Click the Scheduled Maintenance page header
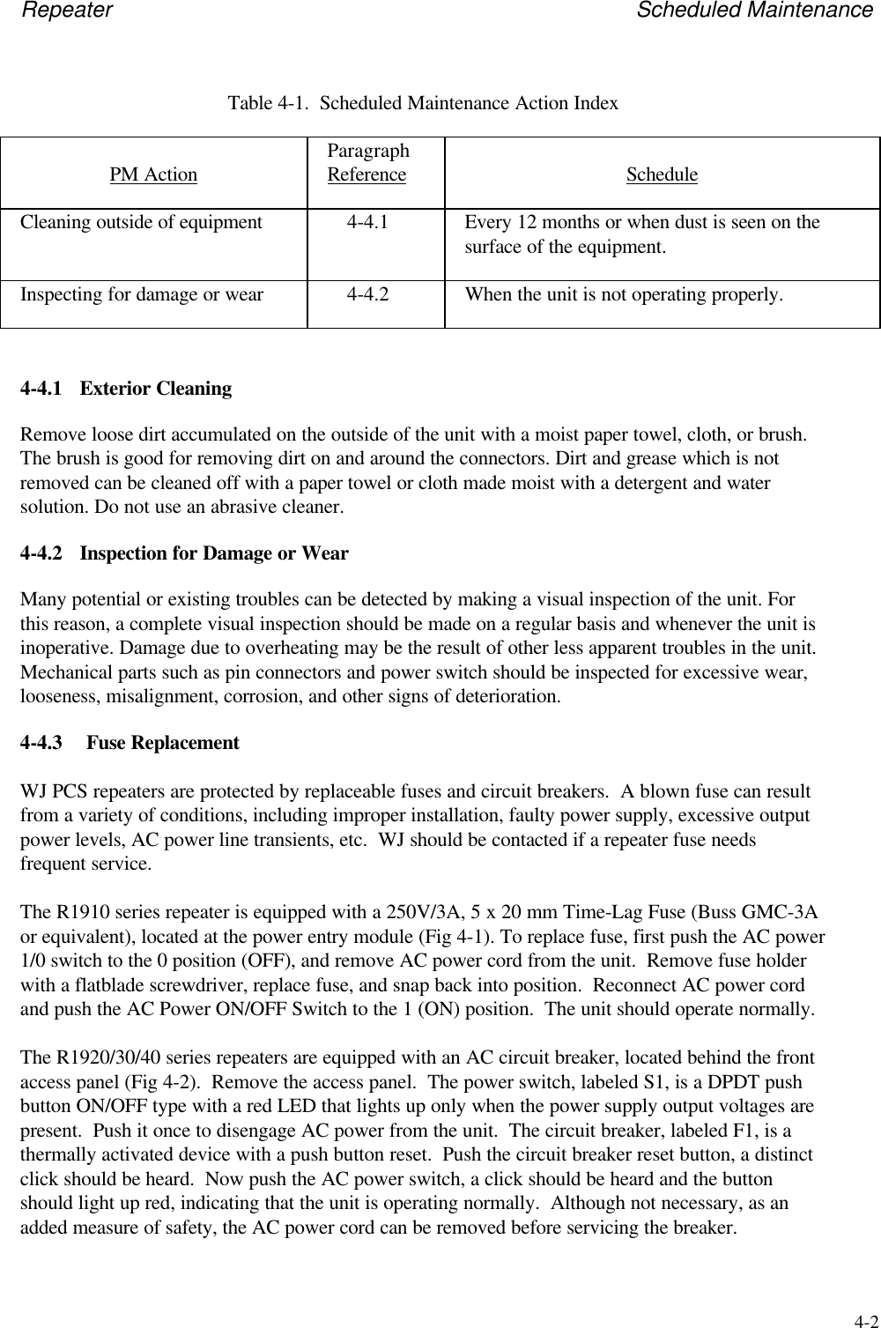pos(754,11)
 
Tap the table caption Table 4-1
pos(423,103)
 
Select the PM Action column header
pos(153,174)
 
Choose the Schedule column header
pos(662,174)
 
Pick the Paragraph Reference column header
pos(367,163)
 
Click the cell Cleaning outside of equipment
pos(142,222)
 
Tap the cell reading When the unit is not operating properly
pos(623,294)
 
